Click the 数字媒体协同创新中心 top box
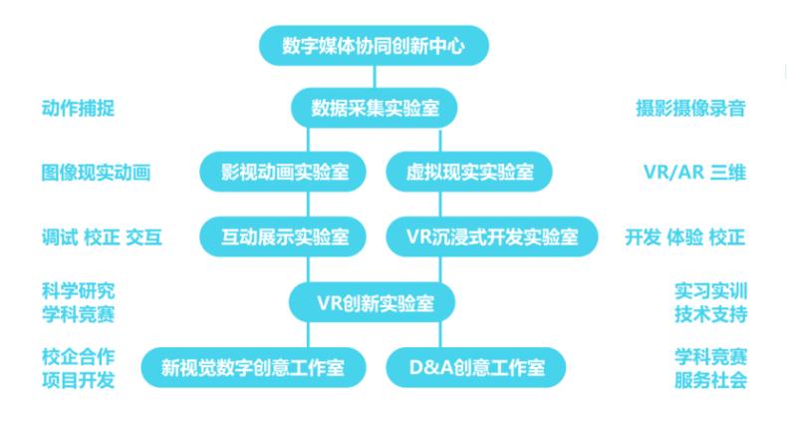click(x=374, y=46)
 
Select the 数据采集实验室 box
click(x=375, y=108)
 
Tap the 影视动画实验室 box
click(x=283, y=172)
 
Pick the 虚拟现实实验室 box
click(x=469, y=172)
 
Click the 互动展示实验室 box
click(x=283, y=236)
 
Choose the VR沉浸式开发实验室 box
click(x=492, y=236)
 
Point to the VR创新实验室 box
click(x=372, y=302)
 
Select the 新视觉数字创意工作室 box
click(x=253, y=367)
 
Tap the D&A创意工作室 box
click(x=476, y=367)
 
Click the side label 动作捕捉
click(x=79, y=108)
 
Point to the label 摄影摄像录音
click(x=690, y=108)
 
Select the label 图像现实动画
click(x=96, y=173)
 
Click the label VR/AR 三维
click(x=695, y=173)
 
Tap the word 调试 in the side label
click(x=60, y=237)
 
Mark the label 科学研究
click(x=79, y=291)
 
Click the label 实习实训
click(x=710, y=291)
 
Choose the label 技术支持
click(x=710, y=314)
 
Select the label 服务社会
click(x=710, y=380)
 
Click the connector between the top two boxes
click(x=374, y=77)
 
